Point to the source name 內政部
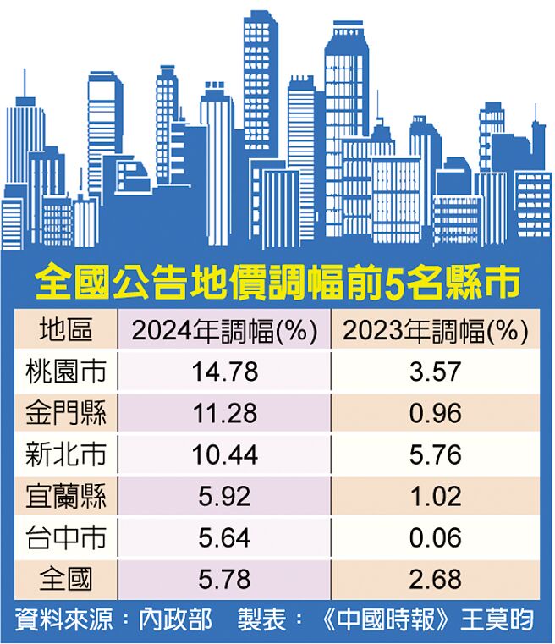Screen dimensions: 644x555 click(x=175, y=621)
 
